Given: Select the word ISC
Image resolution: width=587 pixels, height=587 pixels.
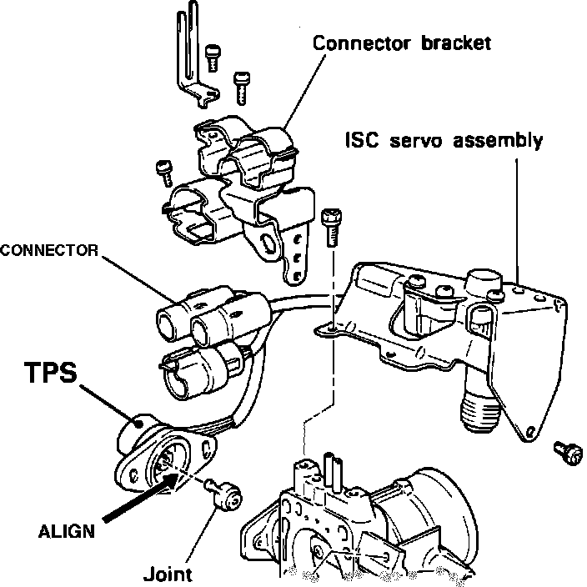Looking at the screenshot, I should pyautogui.click(x=364, y=139).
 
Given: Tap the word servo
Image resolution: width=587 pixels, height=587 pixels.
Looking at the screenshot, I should pyautogui.click(x=419, y=139).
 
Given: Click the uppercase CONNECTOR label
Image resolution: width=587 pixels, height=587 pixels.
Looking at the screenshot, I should pyautogui.click(x=51, y=249).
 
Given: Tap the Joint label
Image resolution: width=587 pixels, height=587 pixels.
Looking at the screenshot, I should pyautogui.click(x=168, y=574).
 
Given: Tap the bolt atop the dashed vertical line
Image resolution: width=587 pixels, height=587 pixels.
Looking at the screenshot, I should pyautogui.click(x=329, y=225).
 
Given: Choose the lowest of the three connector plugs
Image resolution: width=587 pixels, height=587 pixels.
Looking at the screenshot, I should pyautogui.click(x=196, y=368).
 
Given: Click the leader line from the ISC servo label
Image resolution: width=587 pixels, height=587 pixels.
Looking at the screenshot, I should pyautogui.click(x=517, y=217).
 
